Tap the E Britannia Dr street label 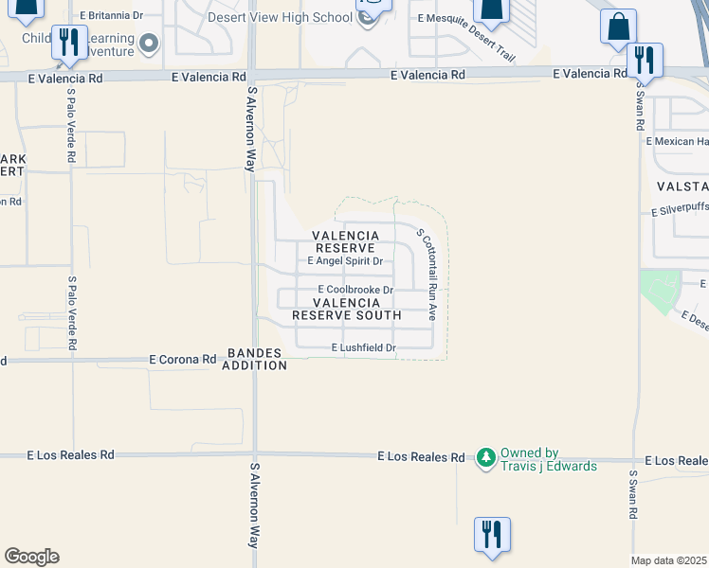112,16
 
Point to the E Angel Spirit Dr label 345,261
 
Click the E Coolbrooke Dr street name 355,290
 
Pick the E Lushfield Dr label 363,348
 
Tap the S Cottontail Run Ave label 426,273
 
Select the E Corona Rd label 183,360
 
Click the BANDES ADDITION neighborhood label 254,360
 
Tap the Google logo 31,557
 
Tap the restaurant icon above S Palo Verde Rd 69,42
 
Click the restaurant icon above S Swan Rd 645,61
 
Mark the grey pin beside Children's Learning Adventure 149,43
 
